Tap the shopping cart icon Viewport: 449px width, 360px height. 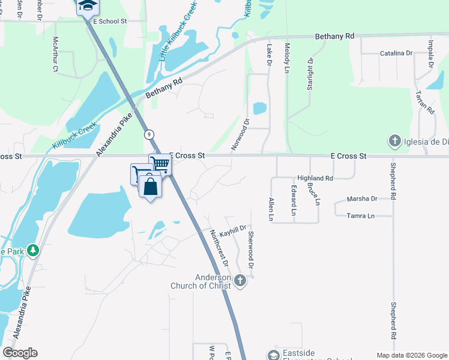point(160,163)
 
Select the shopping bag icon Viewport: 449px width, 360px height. point(150,186)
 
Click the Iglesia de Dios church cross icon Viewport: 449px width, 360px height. point(394,142)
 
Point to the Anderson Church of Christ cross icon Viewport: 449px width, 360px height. point(240,280)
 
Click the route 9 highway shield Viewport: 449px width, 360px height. point(148,135)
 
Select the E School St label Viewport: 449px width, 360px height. point(111,21)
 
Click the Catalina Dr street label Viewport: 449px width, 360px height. point(396,53)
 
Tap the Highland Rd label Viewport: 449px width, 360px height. point(315,178)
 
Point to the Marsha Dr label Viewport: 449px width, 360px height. point(362,199)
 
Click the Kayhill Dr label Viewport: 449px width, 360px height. point(233,230)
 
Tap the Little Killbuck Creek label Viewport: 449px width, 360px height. point(177,37)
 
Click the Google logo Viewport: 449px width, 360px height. point(20,353)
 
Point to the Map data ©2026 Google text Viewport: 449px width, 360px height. point(411,355)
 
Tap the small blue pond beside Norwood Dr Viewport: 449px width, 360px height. point(259,109)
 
